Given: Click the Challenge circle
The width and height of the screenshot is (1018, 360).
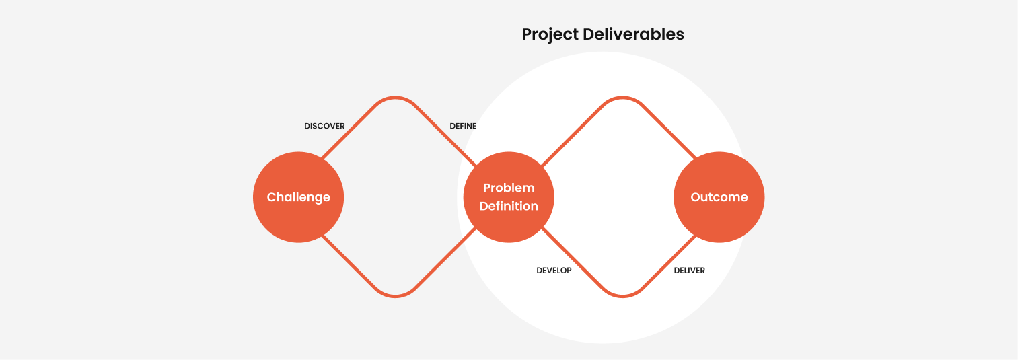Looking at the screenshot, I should point(298,197).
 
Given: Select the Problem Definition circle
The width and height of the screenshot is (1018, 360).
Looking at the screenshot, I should point(509,197).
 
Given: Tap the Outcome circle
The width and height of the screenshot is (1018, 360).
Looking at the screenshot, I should point(719,197).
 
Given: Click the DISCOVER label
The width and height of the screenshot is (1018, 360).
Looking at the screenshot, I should point(324,126).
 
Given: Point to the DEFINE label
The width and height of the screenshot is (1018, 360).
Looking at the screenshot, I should point(463,126).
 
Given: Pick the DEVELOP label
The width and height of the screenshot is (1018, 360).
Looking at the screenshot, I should point(554,271).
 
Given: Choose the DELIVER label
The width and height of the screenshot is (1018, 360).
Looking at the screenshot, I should point(690,271).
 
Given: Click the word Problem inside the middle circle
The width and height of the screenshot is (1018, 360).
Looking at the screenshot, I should point(509,188).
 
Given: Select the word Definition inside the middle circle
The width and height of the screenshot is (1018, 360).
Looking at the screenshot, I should point(509,207).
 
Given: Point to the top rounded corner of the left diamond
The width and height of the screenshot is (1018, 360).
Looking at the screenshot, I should point(396,98).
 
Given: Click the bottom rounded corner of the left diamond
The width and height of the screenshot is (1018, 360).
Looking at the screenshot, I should point(396,295).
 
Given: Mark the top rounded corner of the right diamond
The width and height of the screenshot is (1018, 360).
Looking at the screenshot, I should point(623,98).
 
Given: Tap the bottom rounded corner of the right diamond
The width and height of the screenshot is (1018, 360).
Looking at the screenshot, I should point(623,295).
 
